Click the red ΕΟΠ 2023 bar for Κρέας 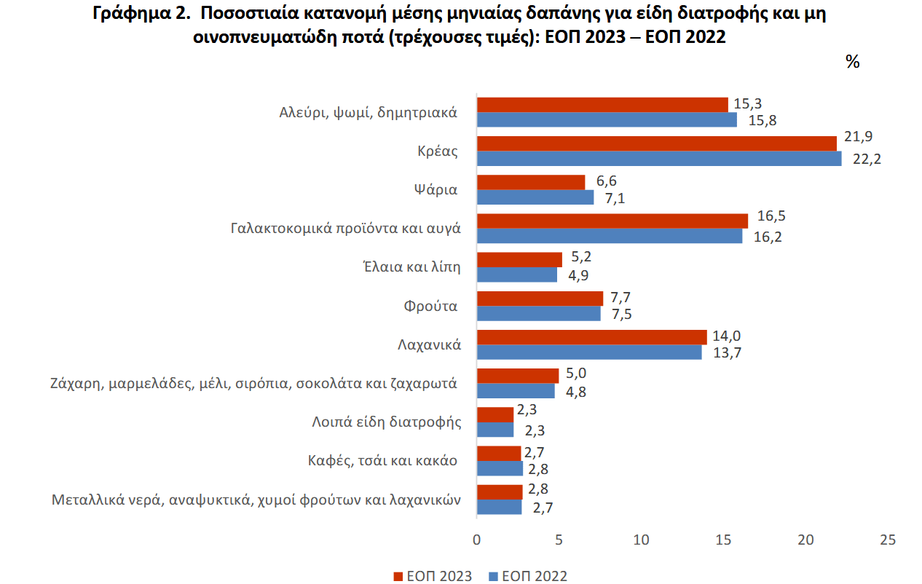click(x=656, y=143)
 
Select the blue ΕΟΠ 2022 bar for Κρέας click(x=658, y=159)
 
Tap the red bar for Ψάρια click(x=531, y=182)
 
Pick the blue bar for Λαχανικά click(x=589, y=352)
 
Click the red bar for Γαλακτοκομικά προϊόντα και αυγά click(x=612, y=221)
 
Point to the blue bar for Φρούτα click(x=538, y=314)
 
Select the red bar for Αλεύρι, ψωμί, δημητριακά click(x=602, y=105)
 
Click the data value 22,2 click(x=867, y=159)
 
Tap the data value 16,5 click(x=771, y=216)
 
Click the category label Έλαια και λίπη click(x=411, y=267)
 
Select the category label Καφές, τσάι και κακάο click(x=382, y=460)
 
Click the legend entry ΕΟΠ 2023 click(x=433, y=576)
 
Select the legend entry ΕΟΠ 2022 click(x=527, y=576)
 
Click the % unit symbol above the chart click(x=852, y=62)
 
